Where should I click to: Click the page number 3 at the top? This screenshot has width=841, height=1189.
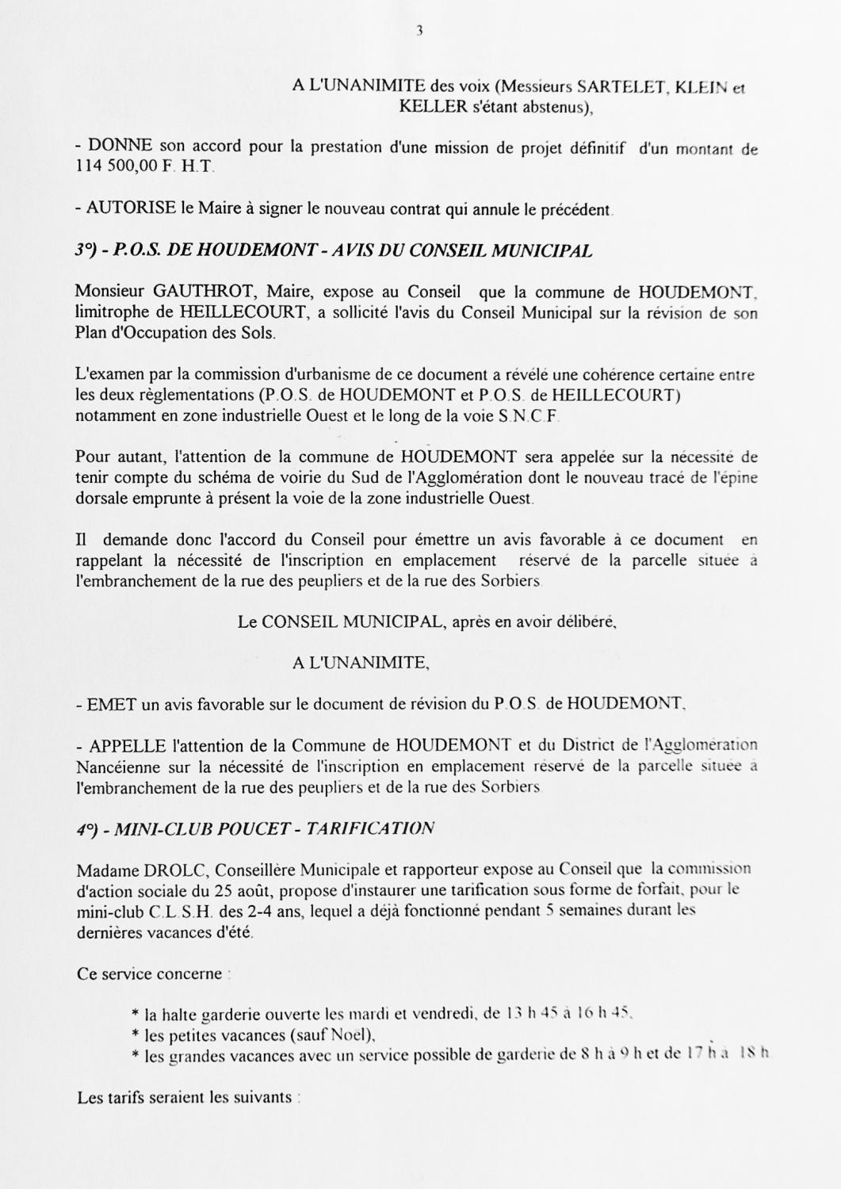click(x=419, y=31)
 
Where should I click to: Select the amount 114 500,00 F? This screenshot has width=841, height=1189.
click(x=117, y=168)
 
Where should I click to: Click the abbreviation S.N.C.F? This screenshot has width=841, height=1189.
click(x=529, y=416)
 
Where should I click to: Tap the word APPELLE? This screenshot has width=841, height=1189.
click(x=128, y=746)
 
